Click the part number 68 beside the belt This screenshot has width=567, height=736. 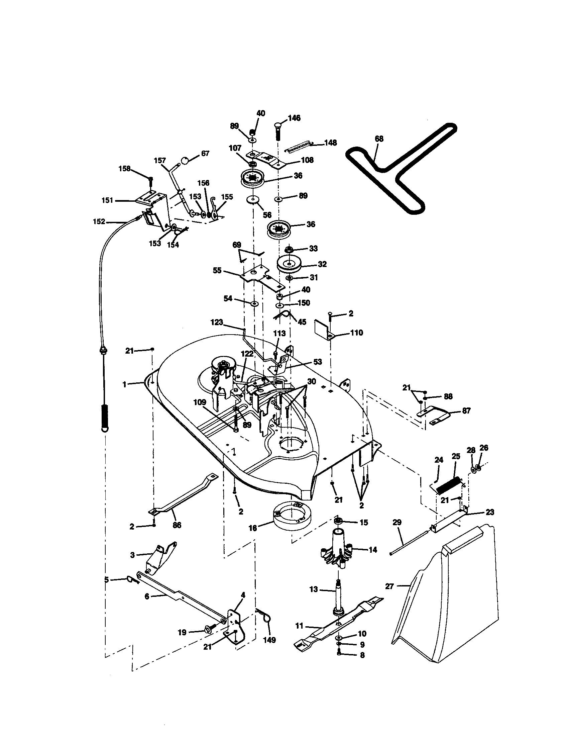click(379, 139)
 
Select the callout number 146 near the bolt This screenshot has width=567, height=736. click(294, 118)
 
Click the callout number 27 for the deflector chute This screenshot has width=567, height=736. click(389, 586)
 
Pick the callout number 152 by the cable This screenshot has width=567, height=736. click(99, 222)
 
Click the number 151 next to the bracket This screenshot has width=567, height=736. click(107, 200)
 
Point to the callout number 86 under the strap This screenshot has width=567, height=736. click(177, 525)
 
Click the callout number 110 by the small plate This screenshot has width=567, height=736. click(357, 333)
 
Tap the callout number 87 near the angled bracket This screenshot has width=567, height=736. click(466, 411)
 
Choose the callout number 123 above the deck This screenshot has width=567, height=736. click(217, 323)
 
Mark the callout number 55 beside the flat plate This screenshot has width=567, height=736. click(218, 270)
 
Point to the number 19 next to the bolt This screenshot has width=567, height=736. click(182, 633)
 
